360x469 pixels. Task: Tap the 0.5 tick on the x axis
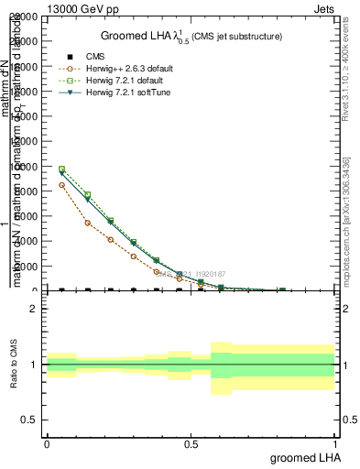coord(191,443)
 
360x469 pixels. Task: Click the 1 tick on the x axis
coord(335,443)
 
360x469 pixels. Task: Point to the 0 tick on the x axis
coord(47,443)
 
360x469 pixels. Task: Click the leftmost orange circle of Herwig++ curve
coord(61,185)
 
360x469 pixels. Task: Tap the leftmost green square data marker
coord(61,169)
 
